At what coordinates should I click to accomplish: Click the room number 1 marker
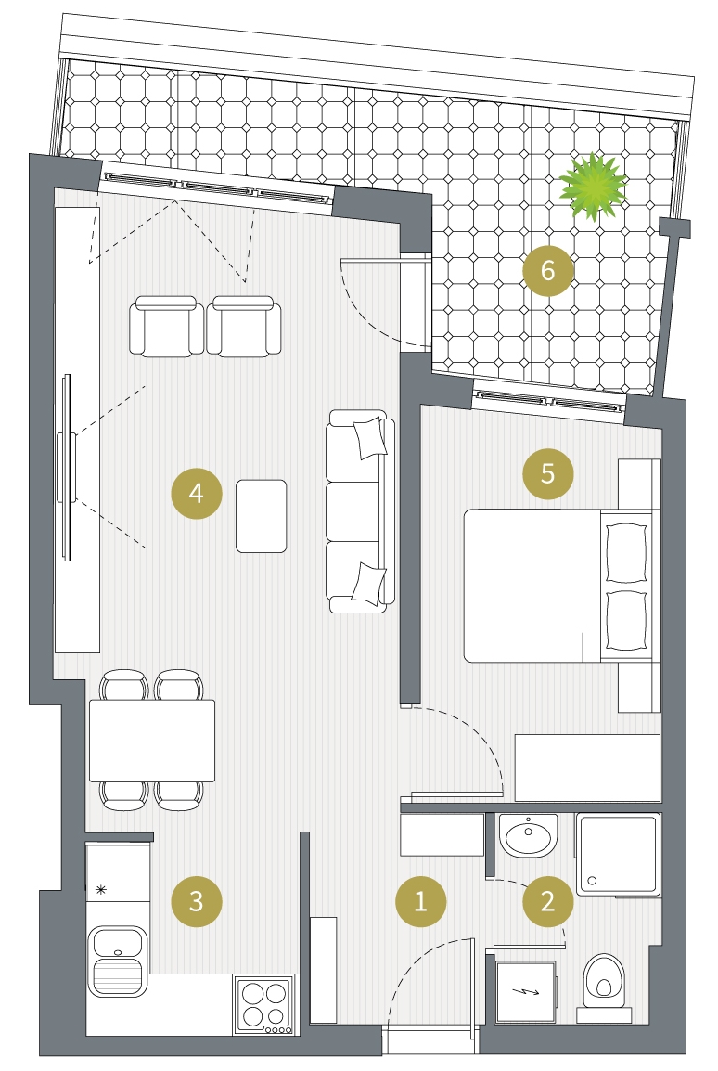coord(421,901)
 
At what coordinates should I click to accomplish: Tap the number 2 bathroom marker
coord(548,901)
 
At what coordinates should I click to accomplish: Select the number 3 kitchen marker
coord(197,901)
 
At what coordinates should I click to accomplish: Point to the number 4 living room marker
coord(197,493)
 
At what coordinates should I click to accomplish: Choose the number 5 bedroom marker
coord(548,473)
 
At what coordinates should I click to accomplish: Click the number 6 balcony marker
coord(548,270)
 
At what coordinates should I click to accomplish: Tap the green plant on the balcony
coord(593,187)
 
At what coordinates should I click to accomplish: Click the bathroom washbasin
coord(528,835)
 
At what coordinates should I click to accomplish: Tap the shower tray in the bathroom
coord(619,855)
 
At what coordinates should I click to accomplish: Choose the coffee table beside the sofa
coord(262,516)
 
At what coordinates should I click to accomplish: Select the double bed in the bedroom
coord(558,586)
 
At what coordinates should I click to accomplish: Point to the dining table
coord(152,741)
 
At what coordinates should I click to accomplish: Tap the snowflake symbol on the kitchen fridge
coord(101,889)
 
